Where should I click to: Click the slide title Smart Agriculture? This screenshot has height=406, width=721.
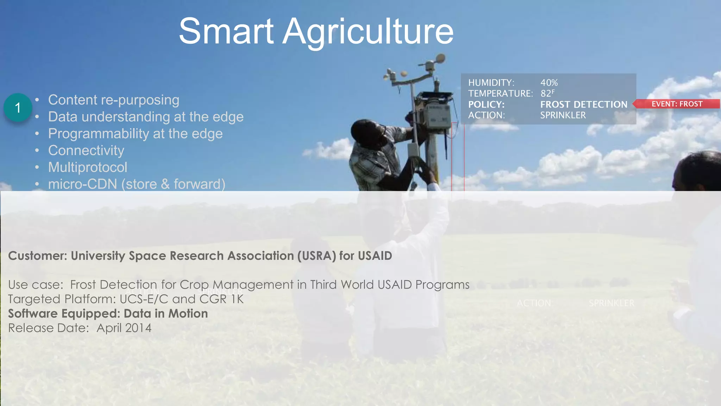316,32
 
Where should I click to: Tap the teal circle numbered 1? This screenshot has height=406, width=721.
18,107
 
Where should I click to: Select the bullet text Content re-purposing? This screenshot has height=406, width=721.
113,100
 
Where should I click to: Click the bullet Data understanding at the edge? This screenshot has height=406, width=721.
146,117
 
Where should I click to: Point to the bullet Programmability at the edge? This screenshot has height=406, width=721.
135,134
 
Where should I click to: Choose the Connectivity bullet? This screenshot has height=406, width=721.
86,150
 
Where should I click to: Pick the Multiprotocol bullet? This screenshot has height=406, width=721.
87,167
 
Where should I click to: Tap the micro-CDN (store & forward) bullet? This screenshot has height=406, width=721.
137,184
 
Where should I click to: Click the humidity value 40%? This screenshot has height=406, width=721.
549,83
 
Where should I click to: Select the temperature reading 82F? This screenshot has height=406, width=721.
547,93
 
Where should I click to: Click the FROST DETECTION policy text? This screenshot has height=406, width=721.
584,104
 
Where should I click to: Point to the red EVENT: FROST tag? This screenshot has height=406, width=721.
676,104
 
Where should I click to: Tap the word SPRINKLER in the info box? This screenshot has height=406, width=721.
563,115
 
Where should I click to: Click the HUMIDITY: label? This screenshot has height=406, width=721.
491,83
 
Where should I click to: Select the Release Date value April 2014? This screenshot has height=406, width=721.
124,328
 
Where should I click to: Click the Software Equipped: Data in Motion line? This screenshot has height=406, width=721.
108,314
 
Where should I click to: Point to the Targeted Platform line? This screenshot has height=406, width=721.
126,299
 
